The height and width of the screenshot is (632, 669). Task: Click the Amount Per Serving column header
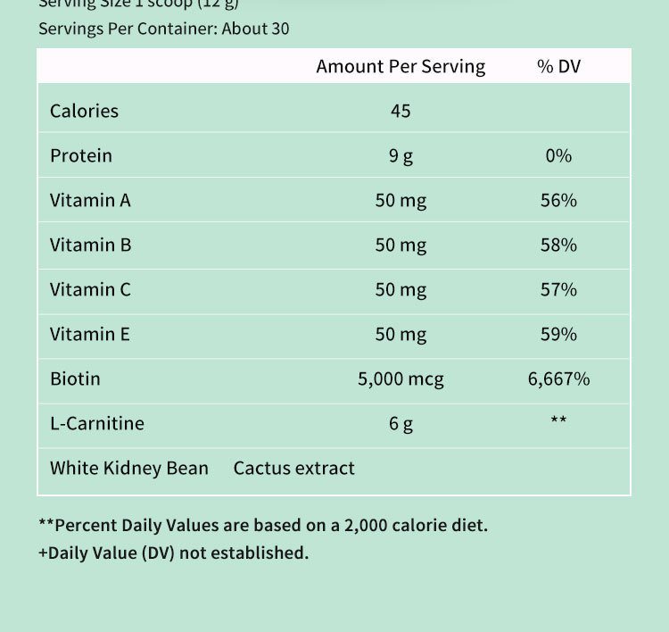401,67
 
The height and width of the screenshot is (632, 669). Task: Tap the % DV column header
558,67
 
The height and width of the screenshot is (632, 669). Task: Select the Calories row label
84,111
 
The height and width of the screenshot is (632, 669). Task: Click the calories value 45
401,111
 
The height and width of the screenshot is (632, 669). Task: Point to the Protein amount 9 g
401,156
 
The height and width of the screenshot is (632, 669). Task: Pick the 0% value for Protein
558,156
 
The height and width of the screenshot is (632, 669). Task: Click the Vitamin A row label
90,201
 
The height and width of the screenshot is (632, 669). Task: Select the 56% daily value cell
558,201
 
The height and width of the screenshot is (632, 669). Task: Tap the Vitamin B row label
90,245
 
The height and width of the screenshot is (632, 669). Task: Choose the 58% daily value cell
558,245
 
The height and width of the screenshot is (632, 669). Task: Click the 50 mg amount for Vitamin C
401,290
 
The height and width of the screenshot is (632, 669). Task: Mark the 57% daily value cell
558,290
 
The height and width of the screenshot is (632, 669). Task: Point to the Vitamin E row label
90,335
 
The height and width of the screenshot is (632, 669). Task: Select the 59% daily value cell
558,335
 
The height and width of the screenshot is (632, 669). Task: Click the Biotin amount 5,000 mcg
401,379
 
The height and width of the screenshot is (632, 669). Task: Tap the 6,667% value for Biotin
558,379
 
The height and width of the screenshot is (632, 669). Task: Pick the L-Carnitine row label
96,424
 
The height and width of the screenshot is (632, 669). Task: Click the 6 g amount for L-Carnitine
401,424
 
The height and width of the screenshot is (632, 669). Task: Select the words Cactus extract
293,469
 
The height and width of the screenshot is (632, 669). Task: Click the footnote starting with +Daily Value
173,553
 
